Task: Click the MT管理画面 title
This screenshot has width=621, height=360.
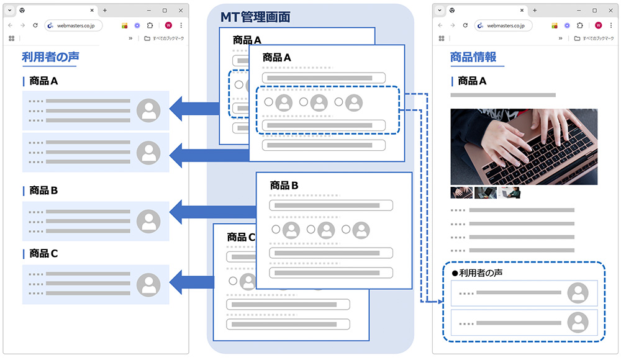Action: coord(255,17)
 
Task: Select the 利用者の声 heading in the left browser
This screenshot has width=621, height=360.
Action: coord(50,57)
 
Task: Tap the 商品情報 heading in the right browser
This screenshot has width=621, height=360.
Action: coord(473,57)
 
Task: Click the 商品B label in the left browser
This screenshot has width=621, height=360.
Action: coord(43,191)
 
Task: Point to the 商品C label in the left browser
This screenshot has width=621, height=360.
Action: coord(43,253)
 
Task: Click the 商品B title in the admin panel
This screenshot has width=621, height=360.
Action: coord(284,186)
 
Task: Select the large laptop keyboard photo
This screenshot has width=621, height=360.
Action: coord(524,146)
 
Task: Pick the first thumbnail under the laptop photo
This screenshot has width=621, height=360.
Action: coord(461,192)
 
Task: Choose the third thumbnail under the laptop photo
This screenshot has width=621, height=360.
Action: coord(509,192)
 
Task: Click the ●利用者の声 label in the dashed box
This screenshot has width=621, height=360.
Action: coord(477,273)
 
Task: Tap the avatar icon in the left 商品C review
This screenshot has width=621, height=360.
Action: coord(148,284)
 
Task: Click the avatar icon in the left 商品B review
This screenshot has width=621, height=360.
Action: coord(148,221)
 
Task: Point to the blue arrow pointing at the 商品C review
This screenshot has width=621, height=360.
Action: coord(192,282)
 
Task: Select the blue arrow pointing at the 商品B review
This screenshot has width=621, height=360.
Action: coord(212,212)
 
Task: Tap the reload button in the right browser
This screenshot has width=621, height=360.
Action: coord(465,25)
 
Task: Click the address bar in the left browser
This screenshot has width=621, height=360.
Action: coord(73,25)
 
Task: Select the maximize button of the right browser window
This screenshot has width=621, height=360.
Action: coord(594,11)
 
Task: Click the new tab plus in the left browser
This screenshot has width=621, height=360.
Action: coord(105,11)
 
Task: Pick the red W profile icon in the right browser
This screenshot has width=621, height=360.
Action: coord(599,25)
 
